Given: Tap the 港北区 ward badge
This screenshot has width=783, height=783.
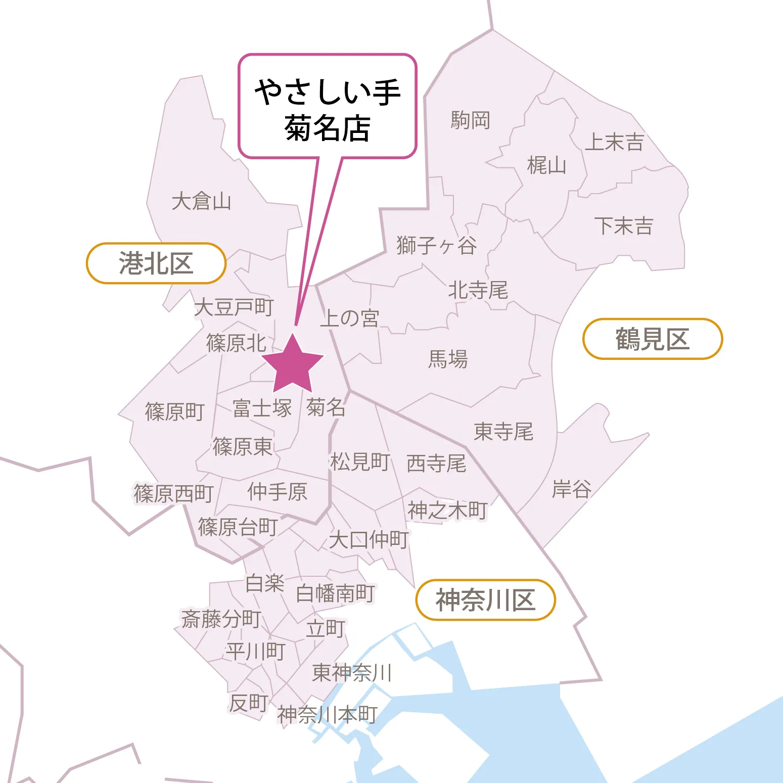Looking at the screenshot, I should click(x=156, y=263).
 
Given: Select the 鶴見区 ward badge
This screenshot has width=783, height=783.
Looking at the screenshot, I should click(x=653, y=339).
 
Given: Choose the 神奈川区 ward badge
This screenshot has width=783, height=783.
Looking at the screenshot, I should click(x=485, y=600).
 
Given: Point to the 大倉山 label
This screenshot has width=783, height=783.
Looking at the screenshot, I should click(x=201, y=201).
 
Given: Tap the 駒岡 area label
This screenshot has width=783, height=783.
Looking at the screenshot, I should click(x=471, y=120).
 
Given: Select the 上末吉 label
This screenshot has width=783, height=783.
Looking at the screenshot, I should click(x=614, y=142).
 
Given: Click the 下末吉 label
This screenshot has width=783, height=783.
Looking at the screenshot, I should click(x=624, y=225).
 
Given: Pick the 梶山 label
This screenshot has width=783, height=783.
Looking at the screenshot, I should click(x=546, y=165).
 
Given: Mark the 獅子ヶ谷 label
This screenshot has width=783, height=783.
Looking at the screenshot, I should click(x=437, y=246).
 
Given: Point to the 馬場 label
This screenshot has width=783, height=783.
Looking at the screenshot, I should click(x=448, y=359).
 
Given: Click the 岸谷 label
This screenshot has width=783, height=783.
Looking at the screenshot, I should click(x=572, y=489).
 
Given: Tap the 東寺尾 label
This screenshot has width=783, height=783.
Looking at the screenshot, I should click(x=503, y=432).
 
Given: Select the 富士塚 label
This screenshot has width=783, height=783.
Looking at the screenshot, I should click(x=262, y=408).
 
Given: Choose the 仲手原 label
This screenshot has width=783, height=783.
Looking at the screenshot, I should click(x=278, y=491).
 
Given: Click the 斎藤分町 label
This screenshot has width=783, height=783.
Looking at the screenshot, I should click(x=221, y=618).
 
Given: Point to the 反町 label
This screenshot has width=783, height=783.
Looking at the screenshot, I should click(x=249, y=703).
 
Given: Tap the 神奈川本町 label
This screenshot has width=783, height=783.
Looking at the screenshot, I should click(x=328, y=714).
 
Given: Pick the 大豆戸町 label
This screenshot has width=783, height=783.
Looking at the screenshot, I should click(x=234, y=307).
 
